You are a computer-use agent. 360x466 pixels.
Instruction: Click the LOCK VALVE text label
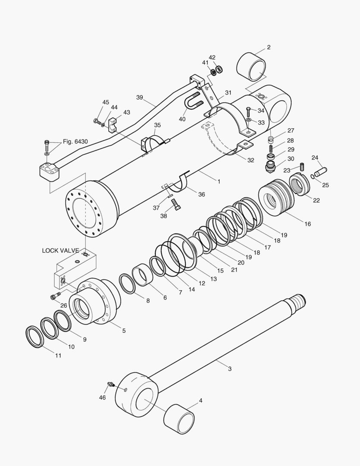click(60, 250)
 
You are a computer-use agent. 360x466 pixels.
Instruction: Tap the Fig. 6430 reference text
click(75, 142)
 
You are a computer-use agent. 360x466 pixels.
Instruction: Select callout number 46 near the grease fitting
click(102, 397)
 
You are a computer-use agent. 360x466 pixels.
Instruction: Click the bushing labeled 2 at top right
click(251, 67)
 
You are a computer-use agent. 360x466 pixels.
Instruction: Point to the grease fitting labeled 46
click(110, 384)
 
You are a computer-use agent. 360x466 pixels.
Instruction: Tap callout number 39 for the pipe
click(139, 98)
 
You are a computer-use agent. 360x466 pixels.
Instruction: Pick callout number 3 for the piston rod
click(230, 368)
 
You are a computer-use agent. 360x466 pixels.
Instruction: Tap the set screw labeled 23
click(302, 166)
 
